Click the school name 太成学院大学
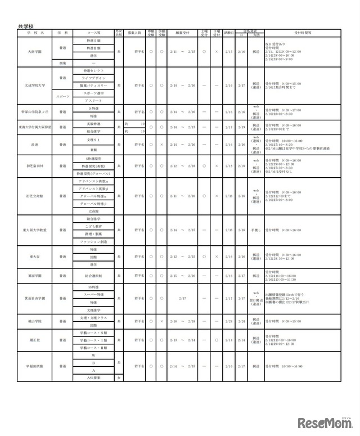[35, 85]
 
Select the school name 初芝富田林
[35, 166]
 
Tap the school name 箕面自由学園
[35, 298]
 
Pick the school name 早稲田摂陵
[35, 366]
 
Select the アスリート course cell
[94, 100]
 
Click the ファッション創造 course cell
[94, 241]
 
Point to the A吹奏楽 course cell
[94, 377]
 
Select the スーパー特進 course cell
[94, 294]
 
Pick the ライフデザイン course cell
[94, 78]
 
